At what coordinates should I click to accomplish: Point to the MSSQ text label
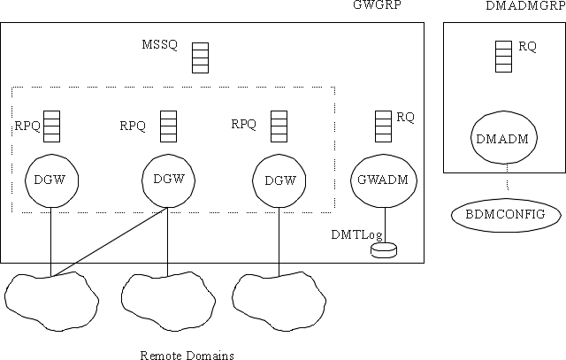pos(158,45)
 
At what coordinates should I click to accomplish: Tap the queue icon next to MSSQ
pos(200,57)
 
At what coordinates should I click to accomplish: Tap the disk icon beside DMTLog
pos(383,251)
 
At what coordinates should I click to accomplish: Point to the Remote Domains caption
pos(187,356)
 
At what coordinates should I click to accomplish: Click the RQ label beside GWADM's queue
pos(405,117)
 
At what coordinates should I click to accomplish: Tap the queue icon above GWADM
pos(383,125)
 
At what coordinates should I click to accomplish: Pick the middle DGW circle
pos(168,180)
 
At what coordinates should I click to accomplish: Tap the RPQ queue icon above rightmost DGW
pos(279,126)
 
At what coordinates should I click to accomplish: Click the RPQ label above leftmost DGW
pos(27,126)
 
